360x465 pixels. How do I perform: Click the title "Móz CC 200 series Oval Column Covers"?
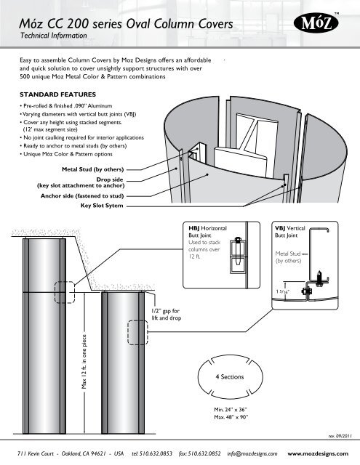(127, 24)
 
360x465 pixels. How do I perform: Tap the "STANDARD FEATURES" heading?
(57, 93)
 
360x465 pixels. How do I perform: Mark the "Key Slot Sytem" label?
(102, 206)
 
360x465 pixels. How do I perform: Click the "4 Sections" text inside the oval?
(234, 379)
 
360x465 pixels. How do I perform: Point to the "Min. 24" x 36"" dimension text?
(226, 410)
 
